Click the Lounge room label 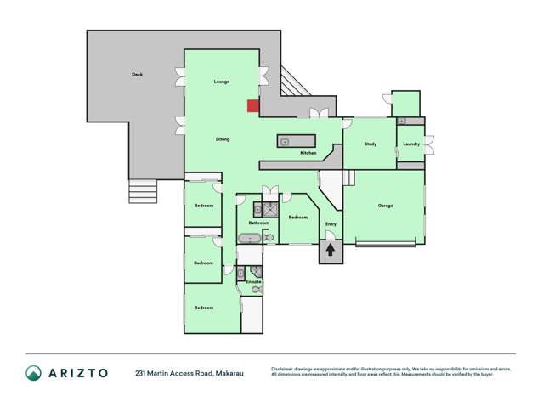point(222,82)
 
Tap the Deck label point(137,75)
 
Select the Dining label point(222,139)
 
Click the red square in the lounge point(253,105)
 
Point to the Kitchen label point(308,153)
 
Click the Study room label point(370,144)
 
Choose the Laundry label point(411,144)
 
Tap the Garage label point(385,206)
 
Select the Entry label point(331,224)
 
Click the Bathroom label point(258,223)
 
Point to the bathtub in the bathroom point(251,238)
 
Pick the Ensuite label point(253,280)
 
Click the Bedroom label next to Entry point(297,218)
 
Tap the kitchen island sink point(285,142)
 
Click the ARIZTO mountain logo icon point(33,372)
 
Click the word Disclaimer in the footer point(286,369)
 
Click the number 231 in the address point(141,373)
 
